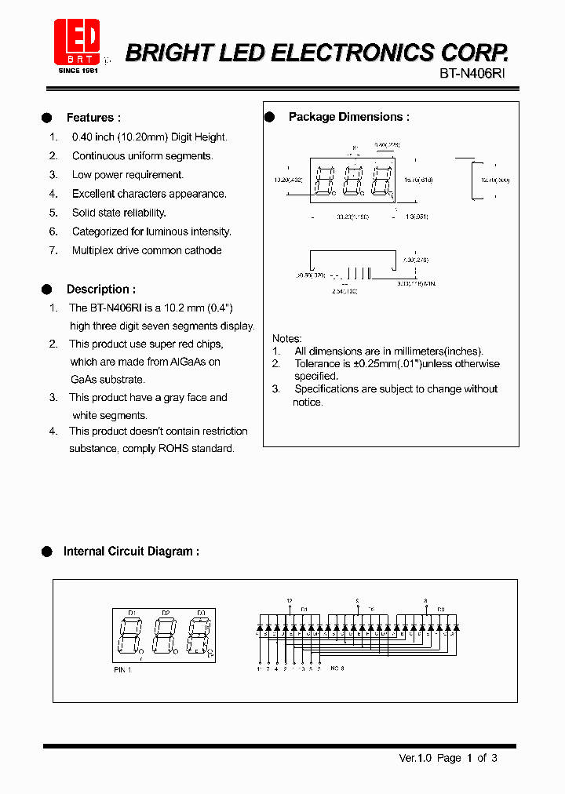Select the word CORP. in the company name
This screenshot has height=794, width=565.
(x=473, y=53)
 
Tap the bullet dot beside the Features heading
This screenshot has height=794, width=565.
(x=47, y=118)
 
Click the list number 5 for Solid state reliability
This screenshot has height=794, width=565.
(x=53, y=213)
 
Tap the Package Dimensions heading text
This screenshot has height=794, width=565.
(x=348, y=117)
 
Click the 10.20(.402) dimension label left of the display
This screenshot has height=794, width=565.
(x=287, y=180)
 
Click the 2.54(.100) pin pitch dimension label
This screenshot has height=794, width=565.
(x=344, y=290)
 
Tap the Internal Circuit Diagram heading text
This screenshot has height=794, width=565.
(x=131, y=552)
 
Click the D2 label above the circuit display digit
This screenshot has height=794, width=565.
(x=166, y=612)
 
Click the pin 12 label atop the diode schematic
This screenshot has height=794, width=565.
(x=290, y=600)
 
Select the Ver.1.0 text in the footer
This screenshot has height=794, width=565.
(x=416, y=758)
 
